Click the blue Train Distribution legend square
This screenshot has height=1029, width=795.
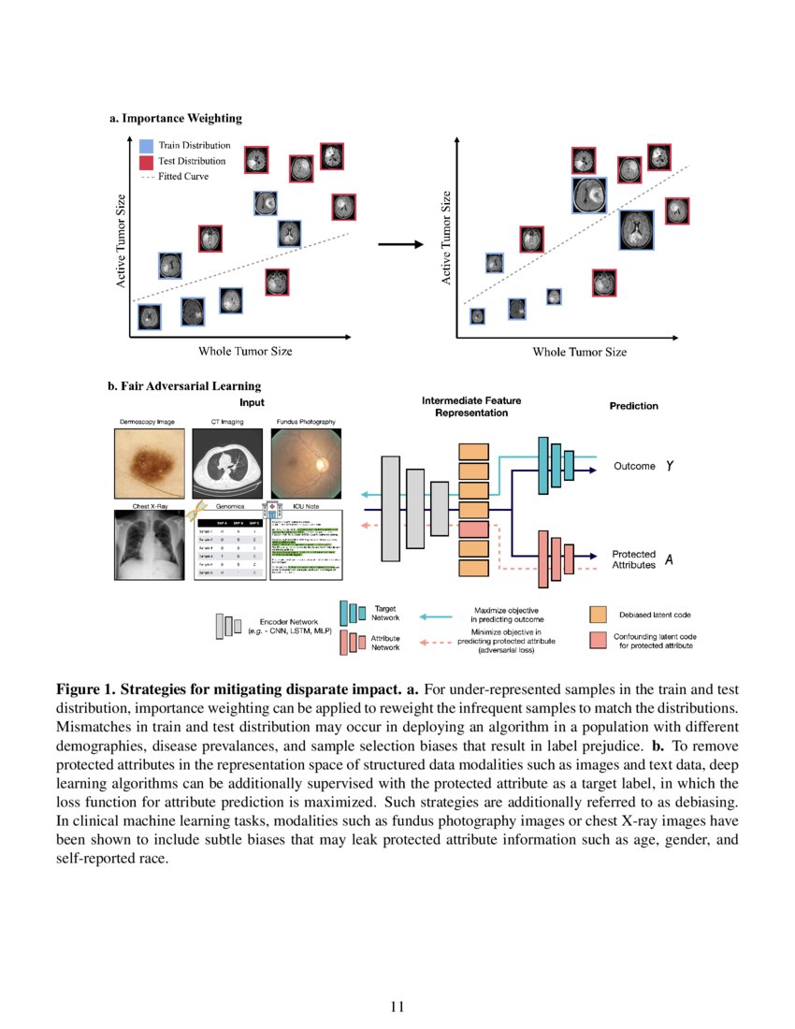[x=146, y=146]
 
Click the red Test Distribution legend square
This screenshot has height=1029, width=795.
[x=146, y=161]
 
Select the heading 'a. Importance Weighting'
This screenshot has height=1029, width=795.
[x=176, y=119]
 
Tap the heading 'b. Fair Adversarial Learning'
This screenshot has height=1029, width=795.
[x=184, y=385]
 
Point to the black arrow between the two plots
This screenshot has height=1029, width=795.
[x=396, y=245]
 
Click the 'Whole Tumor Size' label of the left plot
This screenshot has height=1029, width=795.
[x=245, y=351]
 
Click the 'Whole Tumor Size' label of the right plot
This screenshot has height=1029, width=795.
[x=580, y=352]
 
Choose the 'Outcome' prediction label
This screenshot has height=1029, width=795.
[x=634, y=466]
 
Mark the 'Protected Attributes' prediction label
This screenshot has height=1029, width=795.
[x=634, y=559]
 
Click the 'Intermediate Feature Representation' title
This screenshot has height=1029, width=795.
[x=471, y=406]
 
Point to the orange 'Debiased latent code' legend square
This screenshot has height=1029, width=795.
[x=599, y=615]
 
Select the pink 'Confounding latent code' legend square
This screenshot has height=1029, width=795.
[x=599, y=640]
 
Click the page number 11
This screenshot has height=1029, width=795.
[x=397, y=1007]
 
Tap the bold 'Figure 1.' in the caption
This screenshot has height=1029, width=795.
[x=89, y=689]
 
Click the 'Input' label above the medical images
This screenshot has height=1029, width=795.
[x=252, y=402]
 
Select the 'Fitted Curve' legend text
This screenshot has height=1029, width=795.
[x=183, y=176]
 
